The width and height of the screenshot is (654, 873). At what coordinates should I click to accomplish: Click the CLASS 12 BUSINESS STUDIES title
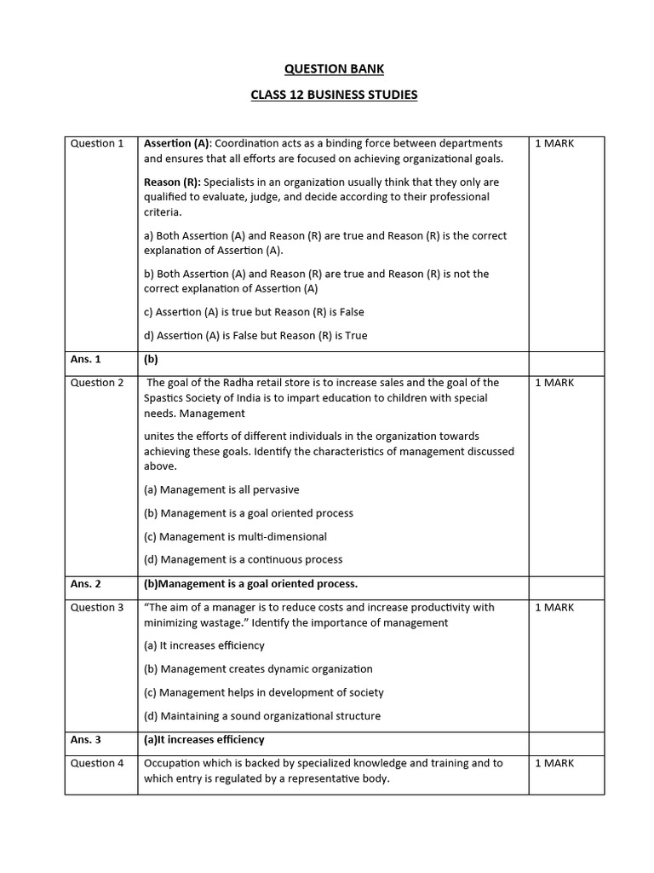point(334,95)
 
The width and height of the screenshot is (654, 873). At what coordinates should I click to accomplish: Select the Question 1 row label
point(97,143)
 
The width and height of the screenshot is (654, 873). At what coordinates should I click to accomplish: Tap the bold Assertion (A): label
point(177,143)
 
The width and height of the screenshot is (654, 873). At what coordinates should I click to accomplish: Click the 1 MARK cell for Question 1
point(554,143)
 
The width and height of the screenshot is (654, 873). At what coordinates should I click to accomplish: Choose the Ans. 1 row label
point(86,359)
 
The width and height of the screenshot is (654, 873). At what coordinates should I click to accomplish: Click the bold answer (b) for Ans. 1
point(152,359)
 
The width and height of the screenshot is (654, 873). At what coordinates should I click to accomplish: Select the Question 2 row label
point(97,383)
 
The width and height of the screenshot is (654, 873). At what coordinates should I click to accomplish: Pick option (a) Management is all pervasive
point(221,489)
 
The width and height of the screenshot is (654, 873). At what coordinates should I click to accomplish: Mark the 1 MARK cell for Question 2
point(554,383)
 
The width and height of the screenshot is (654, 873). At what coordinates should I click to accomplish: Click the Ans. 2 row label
point(86,584)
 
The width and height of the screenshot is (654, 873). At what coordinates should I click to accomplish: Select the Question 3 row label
point(97,607)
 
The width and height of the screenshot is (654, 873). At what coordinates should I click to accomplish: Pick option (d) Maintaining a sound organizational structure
point(262,715)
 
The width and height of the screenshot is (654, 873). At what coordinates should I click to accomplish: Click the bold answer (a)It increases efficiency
point(204,739)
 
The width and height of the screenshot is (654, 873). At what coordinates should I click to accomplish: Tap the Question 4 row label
point(97,763)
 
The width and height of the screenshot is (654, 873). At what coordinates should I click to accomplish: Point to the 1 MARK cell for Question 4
point(554,763)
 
